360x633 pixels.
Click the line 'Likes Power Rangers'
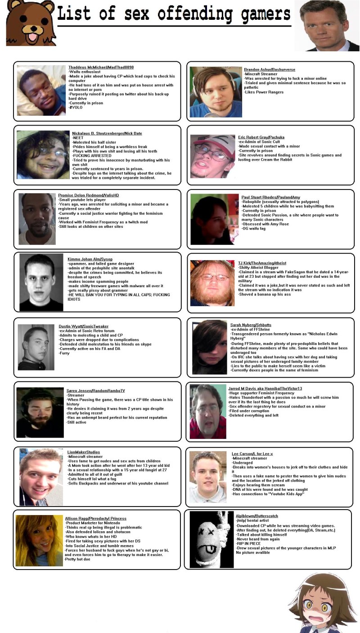coord(264,92)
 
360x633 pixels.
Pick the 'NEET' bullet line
coord(78,138)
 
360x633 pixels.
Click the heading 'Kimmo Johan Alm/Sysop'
coord(90,259)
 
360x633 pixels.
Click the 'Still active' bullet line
coord(76,422)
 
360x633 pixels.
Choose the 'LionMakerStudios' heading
coord(84,452)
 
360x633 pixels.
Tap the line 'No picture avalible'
coord(253,552)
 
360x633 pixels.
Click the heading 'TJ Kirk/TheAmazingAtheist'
coord(262,263)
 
